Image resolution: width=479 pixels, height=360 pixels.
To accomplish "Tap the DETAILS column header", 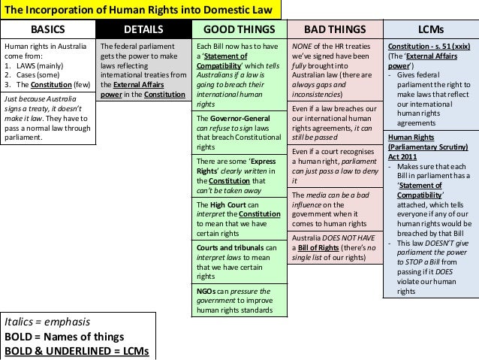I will pyautogui.click(x=143, y=30).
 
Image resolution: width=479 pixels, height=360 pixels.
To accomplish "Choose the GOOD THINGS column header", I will pyautogui.click(x=238, y=30).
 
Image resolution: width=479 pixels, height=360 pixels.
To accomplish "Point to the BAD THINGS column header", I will pyautogui.click(x=334, y=30).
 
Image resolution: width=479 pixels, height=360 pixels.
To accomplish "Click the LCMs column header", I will pyautogui.click(x=430, y=30).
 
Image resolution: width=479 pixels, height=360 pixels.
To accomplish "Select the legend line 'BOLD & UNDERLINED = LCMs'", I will pyautogui.click(x=77, y=351).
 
